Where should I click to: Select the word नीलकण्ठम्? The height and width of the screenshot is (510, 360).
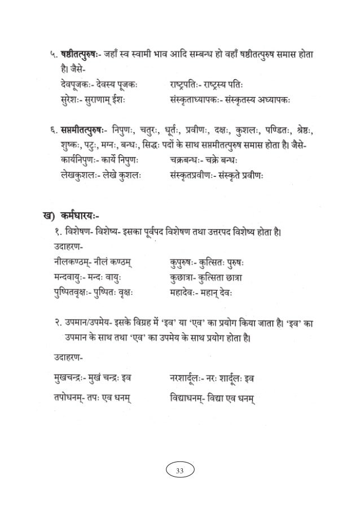click(70, 261)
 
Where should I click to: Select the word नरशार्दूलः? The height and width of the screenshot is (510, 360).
click(192, 377)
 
